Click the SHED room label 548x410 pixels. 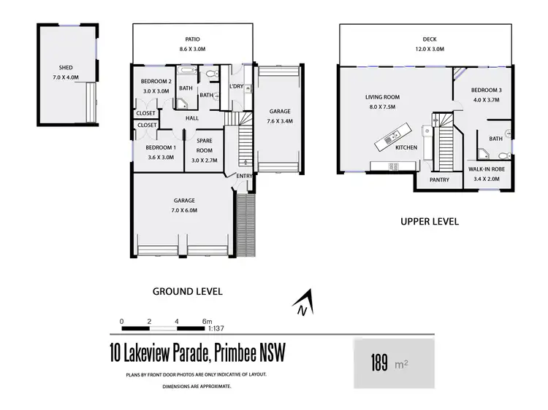[66, 68]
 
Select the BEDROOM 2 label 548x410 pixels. [155, 81]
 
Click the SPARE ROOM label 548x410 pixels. [204, 144]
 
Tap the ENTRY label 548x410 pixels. [243, 176]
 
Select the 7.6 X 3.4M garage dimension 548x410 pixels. [279, 121]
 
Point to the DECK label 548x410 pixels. [429, 39]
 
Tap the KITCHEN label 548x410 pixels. [406, 148]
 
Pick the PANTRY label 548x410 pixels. [438, 179]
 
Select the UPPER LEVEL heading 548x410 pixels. [429, 221]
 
